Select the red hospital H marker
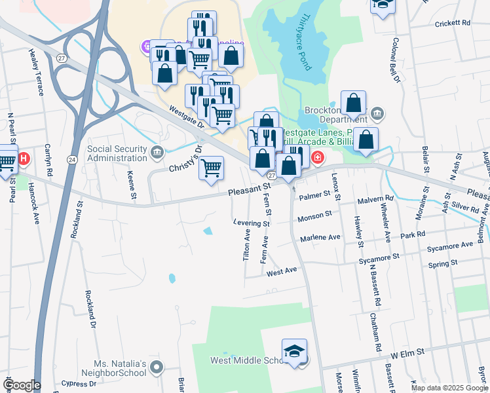click(24, 159)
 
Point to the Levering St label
click(251, 223)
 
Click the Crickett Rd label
click(453, 23)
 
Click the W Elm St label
click(407, 352)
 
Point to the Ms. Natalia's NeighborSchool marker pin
click(156, 369)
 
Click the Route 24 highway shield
click(71, 159)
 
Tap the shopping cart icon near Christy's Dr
click(211, 168)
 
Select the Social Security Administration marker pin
click(157, 153)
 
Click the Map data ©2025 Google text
click(449, 388)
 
